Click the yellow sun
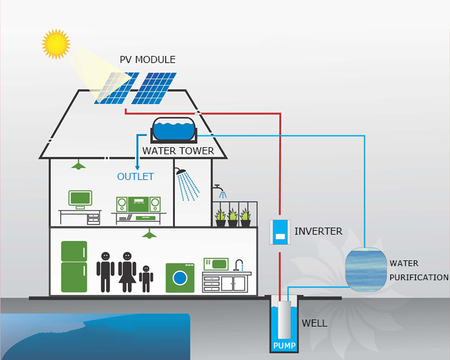pos(55,43)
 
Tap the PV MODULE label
pos(147,60)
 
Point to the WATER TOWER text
pos(178,151)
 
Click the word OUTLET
pos(135,177)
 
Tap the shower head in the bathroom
pos(181,172)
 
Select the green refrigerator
pos(74,267)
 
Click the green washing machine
pos(180,278)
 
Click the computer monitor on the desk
pos(80,199)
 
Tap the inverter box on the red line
pos(280,232)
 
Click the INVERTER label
pos(318,231)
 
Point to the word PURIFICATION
pos(419,278)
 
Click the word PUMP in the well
pos(283,345)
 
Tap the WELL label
pos(314,323)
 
